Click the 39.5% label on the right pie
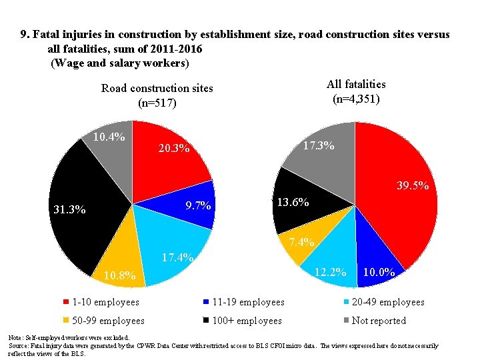pyautogui.click(x=412, y=187)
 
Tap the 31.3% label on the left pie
pyautogui.click(x=69, y=209)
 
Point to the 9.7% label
pyautogui.click(x=198, y=205)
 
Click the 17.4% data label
pyautogui.click(x=177, y=257)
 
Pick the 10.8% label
pyautogui.click(x=119, y=275)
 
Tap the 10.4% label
pyautogui.click(x=109, y=137)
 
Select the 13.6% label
pyautogui.click(x=293, y=202)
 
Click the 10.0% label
pyautogui.click(x=380, y=272)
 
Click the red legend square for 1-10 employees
pyautogui.click(x=65, y=302)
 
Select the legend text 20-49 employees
pyautogui.click(x=387, y=302)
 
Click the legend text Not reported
pyautogui.click(x=378, y=321)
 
